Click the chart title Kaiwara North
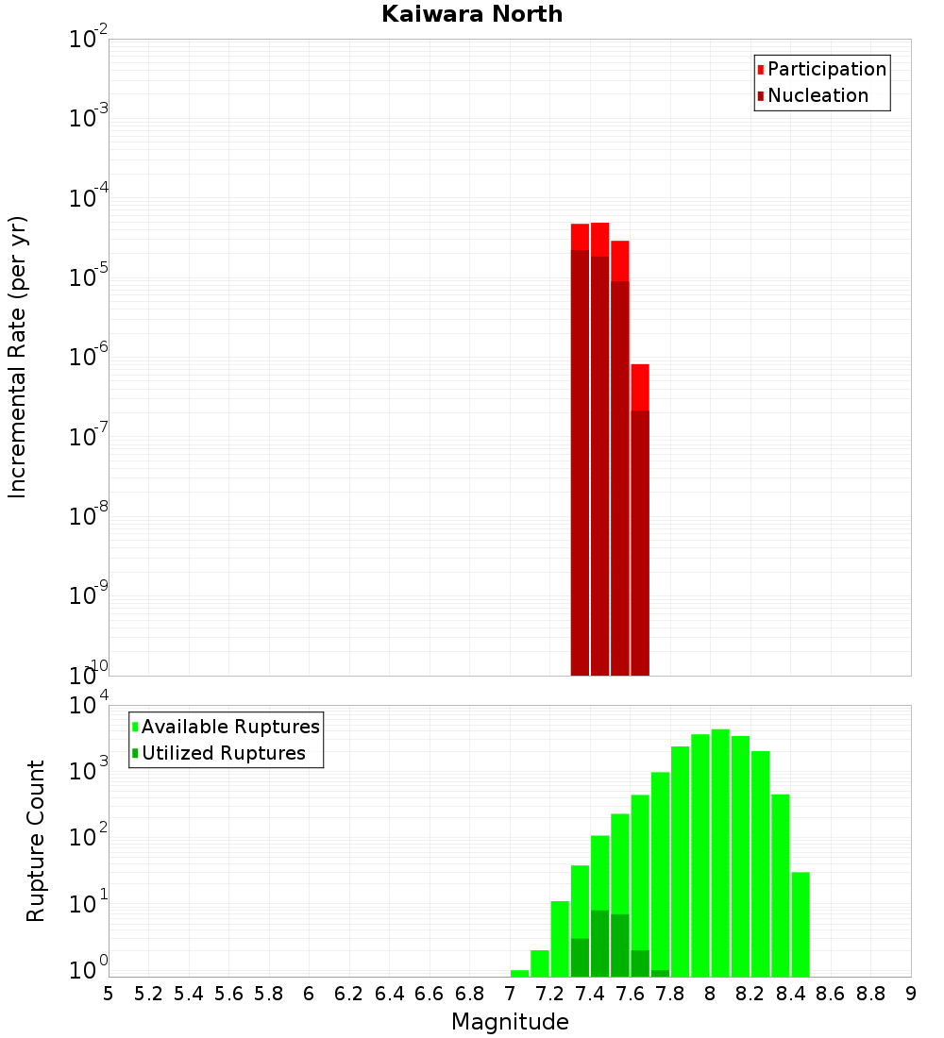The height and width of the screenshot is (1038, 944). (472, 14)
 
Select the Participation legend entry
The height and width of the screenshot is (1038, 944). (826, 69)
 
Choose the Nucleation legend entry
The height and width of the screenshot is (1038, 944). (818, 95)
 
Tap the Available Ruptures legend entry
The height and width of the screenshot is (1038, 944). (230, 727)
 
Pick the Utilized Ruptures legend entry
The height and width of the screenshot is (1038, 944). (223, 753)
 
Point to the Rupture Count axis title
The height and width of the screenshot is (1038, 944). (36, 841)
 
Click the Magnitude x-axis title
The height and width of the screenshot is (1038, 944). (510, 1022)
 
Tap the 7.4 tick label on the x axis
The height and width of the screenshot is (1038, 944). (590, 994)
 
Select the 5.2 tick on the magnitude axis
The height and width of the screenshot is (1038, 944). (148, 994)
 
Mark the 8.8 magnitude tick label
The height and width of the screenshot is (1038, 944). (870, 994)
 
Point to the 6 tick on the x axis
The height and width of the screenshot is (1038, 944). (309, 994)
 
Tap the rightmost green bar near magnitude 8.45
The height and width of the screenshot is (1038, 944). (801, 924)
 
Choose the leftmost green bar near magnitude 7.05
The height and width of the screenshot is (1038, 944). (519, 973)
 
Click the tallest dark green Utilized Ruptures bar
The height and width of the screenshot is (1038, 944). (599, 943)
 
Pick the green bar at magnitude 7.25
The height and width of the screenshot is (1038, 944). (560, 939)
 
